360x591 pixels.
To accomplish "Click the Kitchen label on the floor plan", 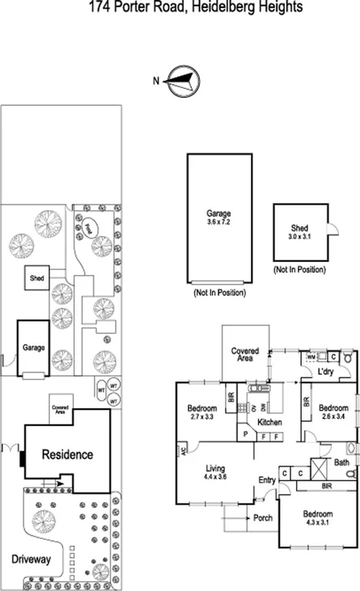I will [269, 422].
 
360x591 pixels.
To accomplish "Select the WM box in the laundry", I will [311, 356].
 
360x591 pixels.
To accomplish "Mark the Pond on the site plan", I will [90, 228].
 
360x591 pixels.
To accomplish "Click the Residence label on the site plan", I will [67, 454].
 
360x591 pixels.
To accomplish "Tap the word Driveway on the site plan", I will [32, 559].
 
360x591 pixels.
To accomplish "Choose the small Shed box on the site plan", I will [37, 277].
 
